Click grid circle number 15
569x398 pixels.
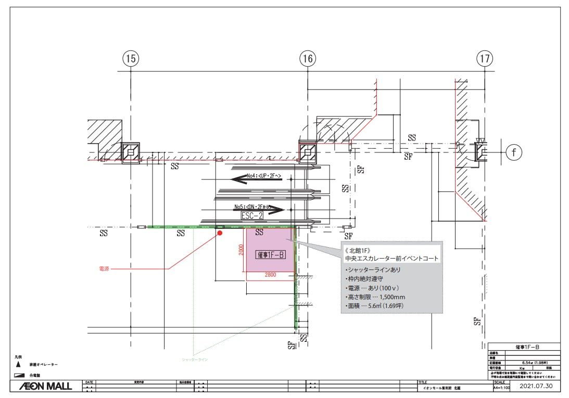click(131, 59)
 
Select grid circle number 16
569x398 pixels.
click(308, 59)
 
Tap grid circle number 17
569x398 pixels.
click(485, 59)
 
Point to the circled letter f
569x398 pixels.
click(514, 152)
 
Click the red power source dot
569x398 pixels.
click(220, 234)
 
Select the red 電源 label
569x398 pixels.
click(105, 269)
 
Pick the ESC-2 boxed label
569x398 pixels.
click(252, 215)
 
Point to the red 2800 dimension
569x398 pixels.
click(270, 275)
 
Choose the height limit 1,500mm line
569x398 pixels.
click(375, 297)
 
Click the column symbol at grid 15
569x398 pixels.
click(131, 152)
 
